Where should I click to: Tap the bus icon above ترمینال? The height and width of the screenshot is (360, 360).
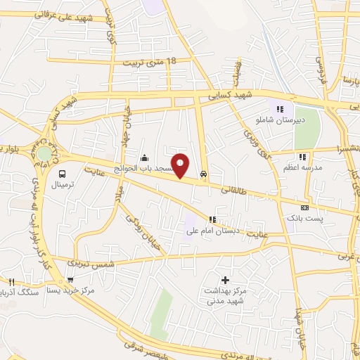click(x=63, y=174)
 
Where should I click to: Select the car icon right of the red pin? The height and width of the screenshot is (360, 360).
click(x=204, y=173)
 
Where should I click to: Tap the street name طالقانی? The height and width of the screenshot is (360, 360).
click(x=235, y=189)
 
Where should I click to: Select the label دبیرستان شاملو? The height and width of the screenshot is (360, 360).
click(x=281, y=120)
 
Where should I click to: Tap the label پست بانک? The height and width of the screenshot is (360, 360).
click(x=304, y=219)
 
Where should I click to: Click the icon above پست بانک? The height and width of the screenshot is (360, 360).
click(x=304, y=208)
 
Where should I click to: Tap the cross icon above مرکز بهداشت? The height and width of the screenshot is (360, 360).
click(x=225, y=280)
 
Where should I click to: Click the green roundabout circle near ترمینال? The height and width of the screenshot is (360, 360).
click(x=45, y=153)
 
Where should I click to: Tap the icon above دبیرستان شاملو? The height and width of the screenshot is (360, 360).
click(x=281, y=109)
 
